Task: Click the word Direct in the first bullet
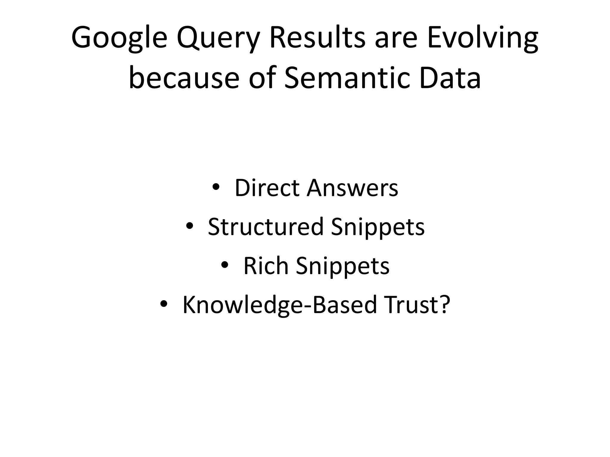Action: (267, 188)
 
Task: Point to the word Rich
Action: (266, 266)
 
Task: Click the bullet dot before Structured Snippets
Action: (189, 226)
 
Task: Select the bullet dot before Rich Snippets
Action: (225, 265)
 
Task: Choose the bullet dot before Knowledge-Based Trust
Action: (164, 304)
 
